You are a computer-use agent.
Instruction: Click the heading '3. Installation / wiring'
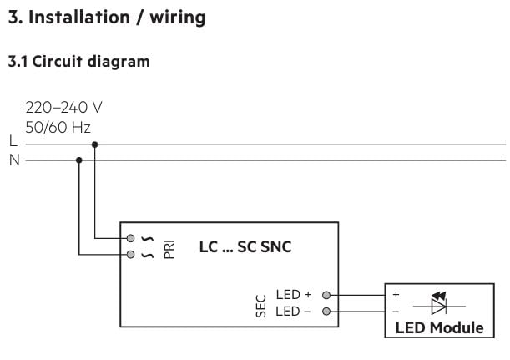coord(106,17)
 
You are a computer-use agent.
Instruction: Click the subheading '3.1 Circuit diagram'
coord(78,61)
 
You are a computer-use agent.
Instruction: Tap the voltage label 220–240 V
coord(64,109)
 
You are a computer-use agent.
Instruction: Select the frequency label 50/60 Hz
coord(58,127)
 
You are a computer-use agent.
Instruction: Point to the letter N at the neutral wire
coord(13,160)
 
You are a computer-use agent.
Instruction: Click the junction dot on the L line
coord(95,145)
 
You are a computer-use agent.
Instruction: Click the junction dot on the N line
coord(79,160)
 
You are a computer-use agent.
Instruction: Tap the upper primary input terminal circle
coord(130,238)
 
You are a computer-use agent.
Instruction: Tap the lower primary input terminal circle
coord(130,254)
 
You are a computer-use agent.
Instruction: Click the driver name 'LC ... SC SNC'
coord(245,246)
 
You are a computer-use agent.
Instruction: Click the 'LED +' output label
coord(293,295)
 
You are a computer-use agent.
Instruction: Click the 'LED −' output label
coord(293,312)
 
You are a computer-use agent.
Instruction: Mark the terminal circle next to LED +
coord(326,295)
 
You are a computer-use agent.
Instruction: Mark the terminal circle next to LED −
coord(326,312)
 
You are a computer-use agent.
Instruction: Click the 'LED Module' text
coord(439,327)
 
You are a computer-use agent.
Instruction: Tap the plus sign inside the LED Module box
coord(396,295)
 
